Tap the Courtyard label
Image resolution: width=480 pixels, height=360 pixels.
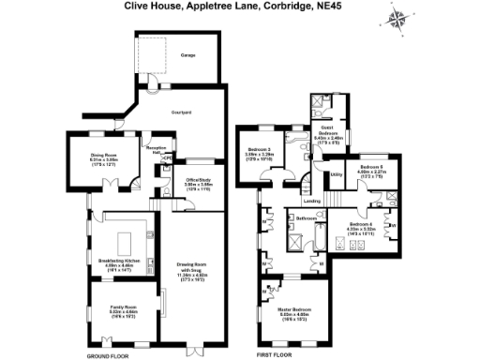pos(182,112)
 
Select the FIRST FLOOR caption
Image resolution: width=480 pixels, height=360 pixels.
pos(276,355)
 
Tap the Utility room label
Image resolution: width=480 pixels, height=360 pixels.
pos(336,173)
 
